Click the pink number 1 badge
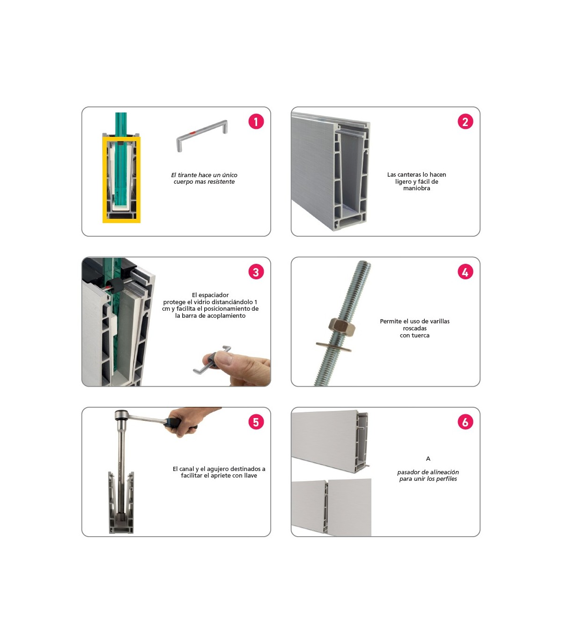click(x=256, y=121)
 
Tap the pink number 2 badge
click(x=465, y=121)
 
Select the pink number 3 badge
click(x=256, y=272)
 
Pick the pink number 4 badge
click(x=465, y=272)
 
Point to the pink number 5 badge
click(x=256, y=422)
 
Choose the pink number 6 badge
click(x=465, y=422)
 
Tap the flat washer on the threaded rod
click(x=333, y=347)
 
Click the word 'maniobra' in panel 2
click(x=416, y=188)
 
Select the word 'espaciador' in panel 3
click(x=214, y=295)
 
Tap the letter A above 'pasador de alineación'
click(x=428, y=458)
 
